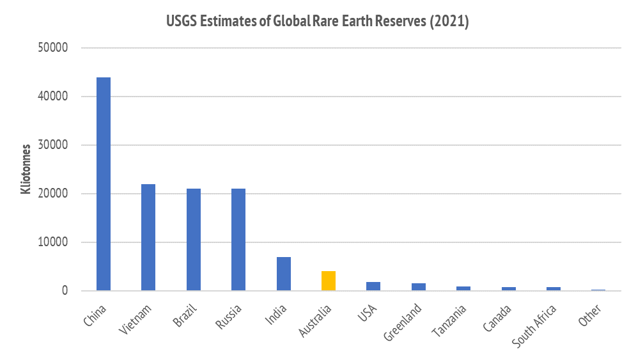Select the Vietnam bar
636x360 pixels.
[x=148, y=237]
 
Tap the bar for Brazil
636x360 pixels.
[x=193, y=240]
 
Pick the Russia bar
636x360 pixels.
[x=238, y=240]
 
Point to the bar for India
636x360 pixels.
[x=283, y=274]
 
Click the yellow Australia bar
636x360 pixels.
[x=329, y=281]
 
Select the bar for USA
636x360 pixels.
[x=373, y=286]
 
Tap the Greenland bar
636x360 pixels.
[x=418, y=287]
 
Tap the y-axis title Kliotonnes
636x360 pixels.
[x=26, y=169]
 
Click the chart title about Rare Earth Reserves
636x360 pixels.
[x=318, y=21]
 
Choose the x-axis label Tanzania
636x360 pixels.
[x=449, y=320]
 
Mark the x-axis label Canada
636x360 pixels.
[x=497, y=318]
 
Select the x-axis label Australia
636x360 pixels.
[x=315, y=321]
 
